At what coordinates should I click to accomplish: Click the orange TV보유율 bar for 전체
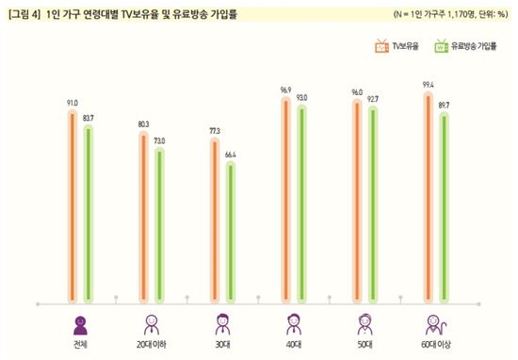point(72,207)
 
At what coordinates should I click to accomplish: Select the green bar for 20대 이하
point(159,226)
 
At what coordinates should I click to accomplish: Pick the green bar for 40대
point(301,203)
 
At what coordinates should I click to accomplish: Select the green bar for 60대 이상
point(445,207)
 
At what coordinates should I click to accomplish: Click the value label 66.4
point(232,154)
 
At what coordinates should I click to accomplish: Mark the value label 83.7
point(89,116)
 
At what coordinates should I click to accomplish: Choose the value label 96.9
point(284,90)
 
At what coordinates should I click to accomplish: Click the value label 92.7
point(374,98)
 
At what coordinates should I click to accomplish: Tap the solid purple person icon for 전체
point(80,325)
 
